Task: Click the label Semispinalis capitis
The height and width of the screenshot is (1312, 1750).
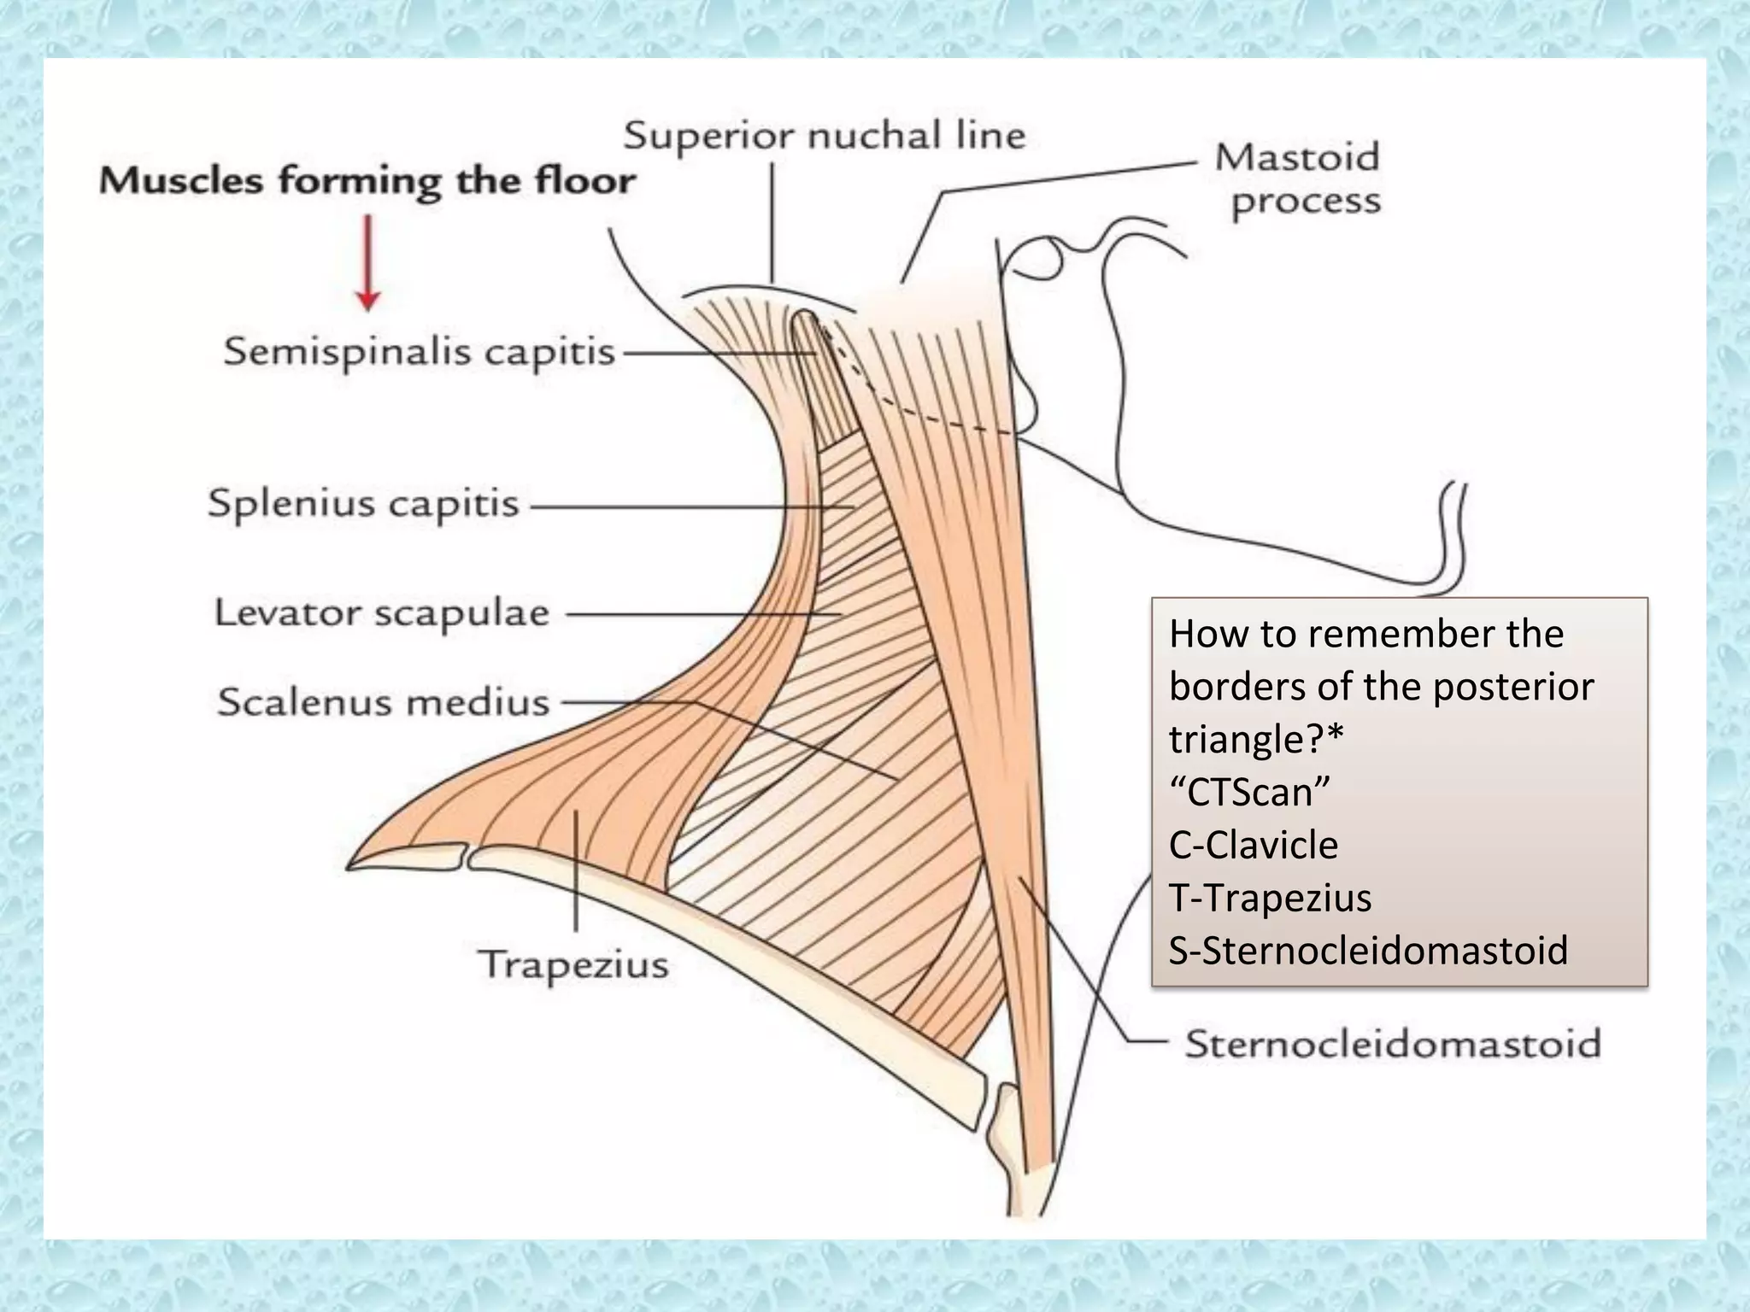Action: click(419, 352)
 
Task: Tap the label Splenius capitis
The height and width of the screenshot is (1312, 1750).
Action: click(363, 503)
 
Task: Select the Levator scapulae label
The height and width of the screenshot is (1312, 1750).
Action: click(381, 613)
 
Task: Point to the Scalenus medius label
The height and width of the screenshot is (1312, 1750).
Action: click(383, 702)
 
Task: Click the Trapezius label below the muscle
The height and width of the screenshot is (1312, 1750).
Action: click(573, 965)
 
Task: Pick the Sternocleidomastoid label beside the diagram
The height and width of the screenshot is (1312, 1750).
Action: click(1392, 1044)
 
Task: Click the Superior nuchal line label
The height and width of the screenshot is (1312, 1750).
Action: click(824, 136)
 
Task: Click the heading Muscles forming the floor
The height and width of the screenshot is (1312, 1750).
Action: click(367, 181)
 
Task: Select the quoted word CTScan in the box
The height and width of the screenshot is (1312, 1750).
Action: click(1249, 792)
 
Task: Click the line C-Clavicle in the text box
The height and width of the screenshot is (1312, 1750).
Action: click(1253, 845)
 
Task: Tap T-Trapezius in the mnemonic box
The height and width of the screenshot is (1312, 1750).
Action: click(1270, 898)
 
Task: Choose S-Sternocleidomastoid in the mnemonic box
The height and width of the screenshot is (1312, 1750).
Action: click(1368, 950)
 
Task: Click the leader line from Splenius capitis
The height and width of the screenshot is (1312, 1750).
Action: click(684, 507)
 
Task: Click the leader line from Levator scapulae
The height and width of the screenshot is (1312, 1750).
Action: click(701, 614)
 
